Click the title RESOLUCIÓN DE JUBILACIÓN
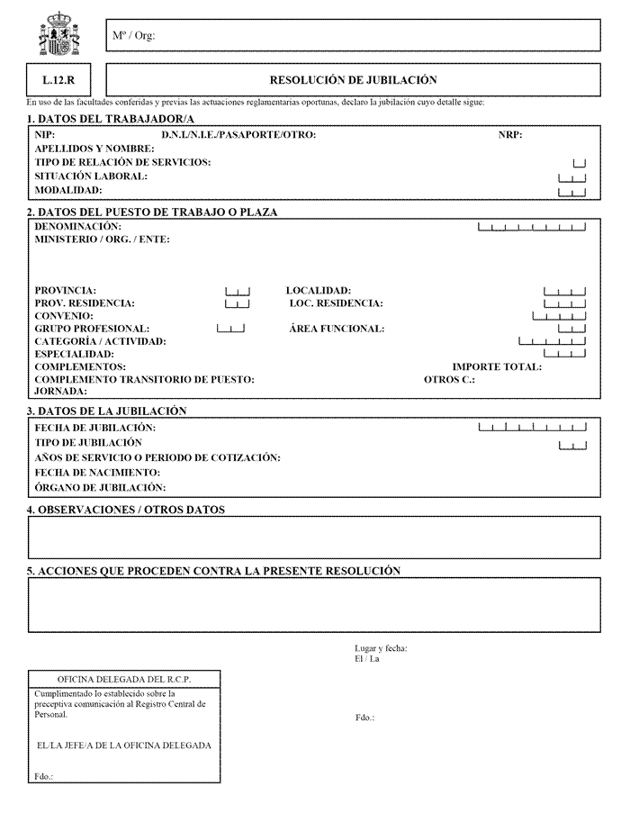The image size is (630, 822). click(353, 80)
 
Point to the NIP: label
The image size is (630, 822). click(45, 136)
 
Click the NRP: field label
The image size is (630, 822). click(510, 136)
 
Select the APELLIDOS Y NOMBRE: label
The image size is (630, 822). click(90, 149)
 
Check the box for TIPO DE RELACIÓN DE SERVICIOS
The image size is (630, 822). click(579, 163)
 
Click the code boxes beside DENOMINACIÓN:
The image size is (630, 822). click(532, 227)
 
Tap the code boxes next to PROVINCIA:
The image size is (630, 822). click(237, 291)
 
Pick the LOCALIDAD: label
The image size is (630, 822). click(318, 291)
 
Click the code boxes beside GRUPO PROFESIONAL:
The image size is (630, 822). click(230, 329)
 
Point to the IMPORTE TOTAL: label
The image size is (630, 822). click(497, 367)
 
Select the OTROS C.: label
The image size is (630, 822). click(449, 380)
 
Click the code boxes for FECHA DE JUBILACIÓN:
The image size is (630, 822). click(532, 427)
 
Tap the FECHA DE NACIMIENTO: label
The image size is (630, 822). click(97, 473)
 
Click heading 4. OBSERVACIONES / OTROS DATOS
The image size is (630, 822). click(126, 510)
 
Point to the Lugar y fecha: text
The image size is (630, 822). click(381, 649)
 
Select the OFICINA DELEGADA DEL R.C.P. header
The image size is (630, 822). click(124, 679)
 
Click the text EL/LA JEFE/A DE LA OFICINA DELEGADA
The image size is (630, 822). click(124, 746)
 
